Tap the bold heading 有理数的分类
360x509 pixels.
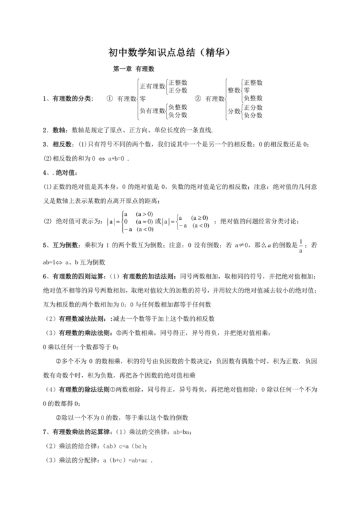click(x=71, y=98)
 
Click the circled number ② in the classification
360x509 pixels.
click(x=199, y=98)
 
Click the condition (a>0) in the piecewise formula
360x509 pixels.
click(x=144, y=214)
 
